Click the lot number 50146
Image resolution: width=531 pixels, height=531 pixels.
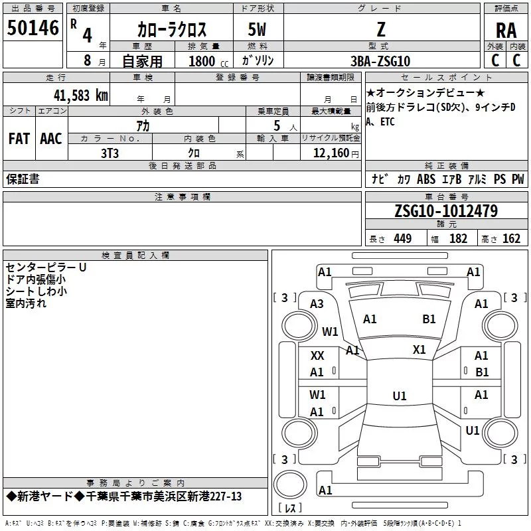(33, 28)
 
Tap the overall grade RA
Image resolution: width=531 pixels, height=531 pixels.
(506, 31)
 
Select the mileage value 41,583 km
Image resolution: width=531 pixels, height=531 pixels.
(80, 95)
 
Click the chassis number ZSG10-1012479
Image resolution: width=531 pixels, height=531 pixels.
(446, 210)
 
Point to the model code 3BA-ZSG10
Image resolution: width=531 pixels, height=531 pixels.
(380, 61)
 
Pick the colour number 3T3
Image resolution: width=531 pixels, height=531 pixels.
(110, 153)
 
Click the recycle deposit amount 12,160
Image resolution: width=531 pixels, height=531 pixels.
(331, 153)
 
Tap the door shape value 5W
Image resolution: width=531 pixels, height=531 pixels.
(257, 30)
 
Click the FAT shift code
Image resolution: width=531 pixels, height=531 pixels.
(19, 139)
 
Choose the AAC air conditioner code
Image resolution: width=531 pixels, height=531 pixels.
(51, 139)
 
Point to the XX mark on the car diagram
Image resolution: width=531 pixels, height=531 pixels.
(317, 356)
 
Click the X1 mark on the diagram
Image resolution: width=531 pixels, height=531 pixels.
(419, 350)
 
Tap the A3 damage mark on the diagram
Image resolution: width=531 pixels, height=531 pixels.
(317, 304)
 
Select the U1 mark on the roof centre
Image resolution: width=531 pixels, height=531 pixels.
(400, 396)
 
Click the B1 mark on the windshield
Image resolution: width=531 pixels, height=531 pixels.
(429, 319)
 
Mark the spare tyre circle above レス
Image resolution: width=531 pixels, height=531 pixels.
(290, 485)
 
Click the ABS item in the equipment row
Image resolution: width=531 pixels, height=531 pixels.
(426, 179)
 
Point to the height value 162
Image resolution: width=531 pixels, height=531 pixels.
(511, 238)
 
